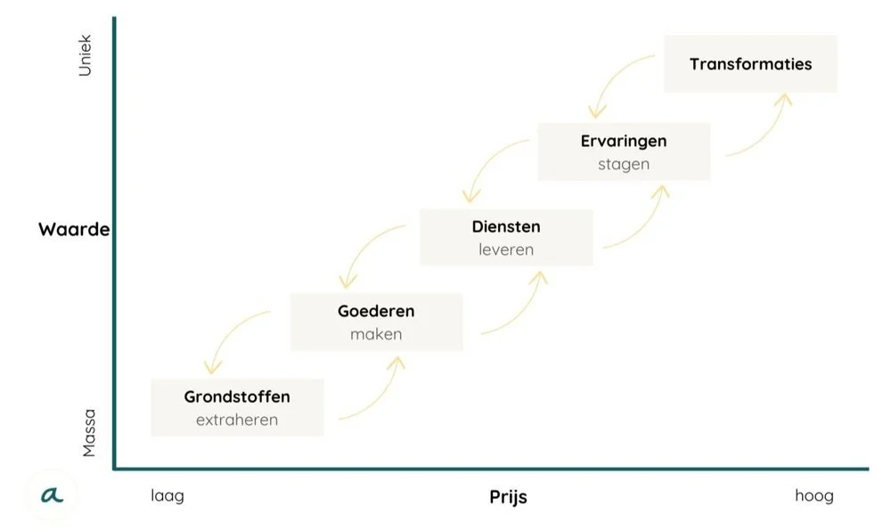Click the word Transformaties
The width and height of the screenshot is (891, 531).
pos(750,64)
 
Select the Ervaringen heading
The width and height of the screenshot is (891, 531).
pos(624,141)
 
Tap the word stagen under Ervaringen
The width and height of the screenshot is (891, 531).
pos(624,164)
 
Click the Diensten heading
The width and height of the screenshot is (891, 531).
pos(506,226)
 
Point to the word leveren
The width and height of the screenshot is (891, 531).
pos(506,249)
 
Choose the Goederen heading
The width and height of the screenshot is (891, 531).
pos(376,312)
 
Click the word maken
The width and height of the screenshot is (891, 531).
pos(376,335)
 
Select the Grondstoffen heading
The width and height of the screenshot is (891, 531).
pos(237,396)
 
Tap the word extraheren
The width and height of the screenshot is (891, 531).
pos(237,420)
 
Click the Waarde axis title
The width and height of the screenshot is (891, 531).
pos(74,230)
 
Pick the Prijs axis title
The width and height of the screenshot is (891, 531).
pos(508,497)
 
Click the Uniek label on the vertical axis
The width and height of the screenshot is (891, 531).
pos(86,55)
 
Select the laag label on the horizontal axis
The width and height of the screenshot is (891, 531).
pos(168,495)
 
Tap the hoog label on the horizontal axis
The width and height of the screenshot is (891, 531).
pos(814,495)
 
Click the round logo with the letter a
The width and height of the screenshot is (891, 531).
pos(52,492)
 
